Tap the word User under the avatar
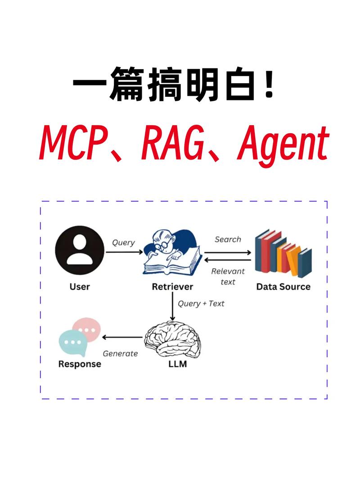coord(80,287)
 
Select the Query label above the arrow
coord(123,243)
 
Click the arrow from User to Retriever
coord(124,252)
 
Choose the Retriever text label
coord(172,287)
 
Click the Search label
coord(228,239)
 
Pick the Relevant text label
coord(228,276)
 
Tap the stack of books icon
coord(283,253)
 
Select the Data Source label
coord(283,287)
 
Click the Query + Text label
coord(201,303)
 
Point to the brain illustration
coord(173,337)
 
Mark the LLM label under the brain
coord(174,364)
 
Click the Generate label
coord(120,354)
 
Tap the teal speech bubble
coord(72,343)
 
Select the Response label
coord(80,364)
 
